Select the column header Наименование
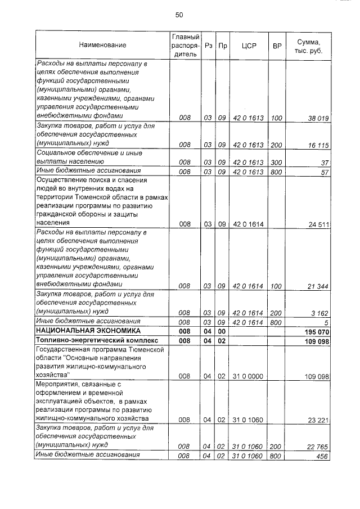102,44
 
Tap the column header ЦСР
248,44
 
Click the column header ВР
276,44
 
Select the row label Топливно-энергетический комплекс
94,341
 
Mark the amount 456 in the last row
322,456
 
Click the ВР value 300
276,163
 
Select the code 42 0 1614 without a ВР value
248,225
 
